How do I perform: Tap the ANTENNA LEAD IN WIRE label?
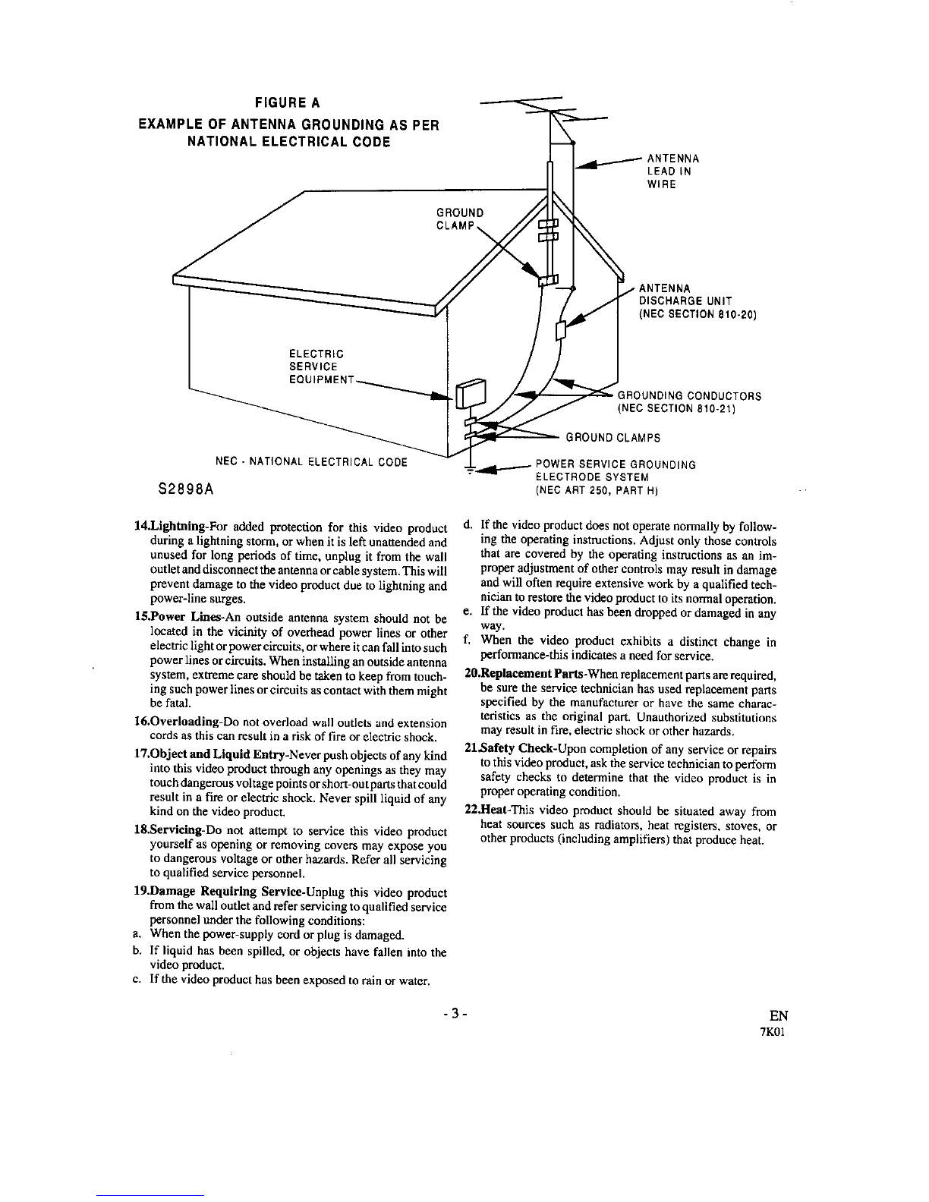click(x=672, y=171)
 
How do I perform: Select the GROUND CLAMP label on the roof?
click(x=459, y=219)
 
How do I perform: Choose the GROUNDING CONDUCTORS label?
click(x=690, y=403)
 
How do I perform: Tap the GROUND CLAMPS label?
click(x=613, y=438)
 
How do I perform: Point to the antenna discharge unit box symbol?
click(x=561, y=331)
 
